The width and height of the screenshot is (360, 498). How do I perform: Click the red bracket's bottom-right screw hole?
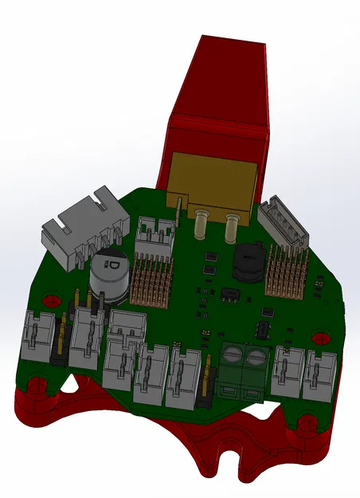pos(306,420)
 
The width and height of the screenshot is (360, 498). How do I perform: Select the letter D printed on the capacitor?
pos(114,263)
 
